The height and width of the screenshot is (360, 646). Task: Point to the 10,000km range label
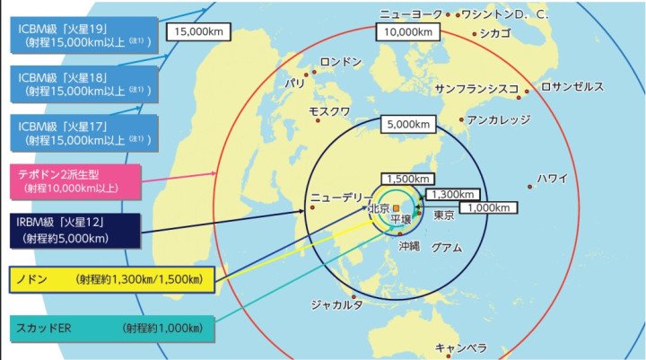coord(409,31)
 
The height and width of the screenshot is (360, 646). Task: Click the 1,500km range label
coord(409,179)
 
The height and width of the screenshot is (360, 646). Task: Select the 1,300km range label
coord(453,194)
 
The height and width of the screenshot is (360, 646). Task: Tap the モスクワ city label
coord(329,112)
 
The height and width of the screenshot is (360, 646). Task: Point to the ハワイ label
coord(553,178)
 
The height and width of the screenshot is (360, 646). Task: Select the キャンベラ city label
coord(460,348)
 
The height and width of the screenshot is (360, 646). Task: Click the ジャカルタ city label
coord(336,305)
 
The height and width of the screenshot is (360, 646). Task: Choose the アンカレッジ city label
coord(499,119)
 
